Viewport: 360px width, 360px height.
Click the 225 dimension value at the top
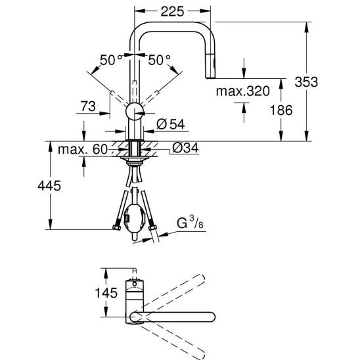pyautogui.click(x=172, y=11)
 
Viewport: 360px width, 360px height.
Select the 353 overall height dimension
pyautogui.click(x=306, y=81)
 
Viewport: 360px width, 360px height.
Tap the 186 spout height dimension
pyautogui.click(x=281, y=110)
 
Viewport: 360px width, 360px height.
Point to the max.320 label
pyautogui.click(x=242, y=91)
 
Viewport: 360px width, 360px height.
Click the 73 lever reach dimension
pyautogui.click(x=88, y=106)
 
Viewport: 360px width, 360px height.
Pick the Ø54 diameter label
pyautogui.click(x=171, y=124)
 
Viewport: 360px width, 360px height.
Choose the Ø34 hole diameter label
pyautogui.click(x=185, y=148)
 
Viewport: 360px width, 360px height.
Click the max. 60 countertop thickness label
pyautogui.click(x=83, y=149)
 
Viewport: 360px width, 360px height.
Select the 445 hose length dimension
pyautogui.click(x=49, y=185)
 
